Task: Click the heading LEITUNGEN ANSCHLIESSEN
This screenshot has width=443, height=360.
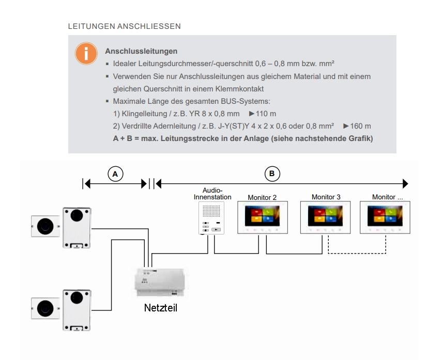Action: [124, 25]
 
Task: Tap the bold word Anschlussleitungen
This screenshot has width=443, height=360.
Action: [141, 52]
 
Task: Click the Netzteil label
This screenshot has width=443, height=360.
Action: [161, 308]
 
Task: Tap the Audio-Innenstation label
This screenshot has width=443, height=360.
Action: [212, 194]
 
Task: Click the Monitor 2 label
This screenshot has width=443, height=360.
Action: [262, 197]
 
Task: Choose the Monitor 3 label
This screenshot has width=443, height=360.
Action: [326, 197]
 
